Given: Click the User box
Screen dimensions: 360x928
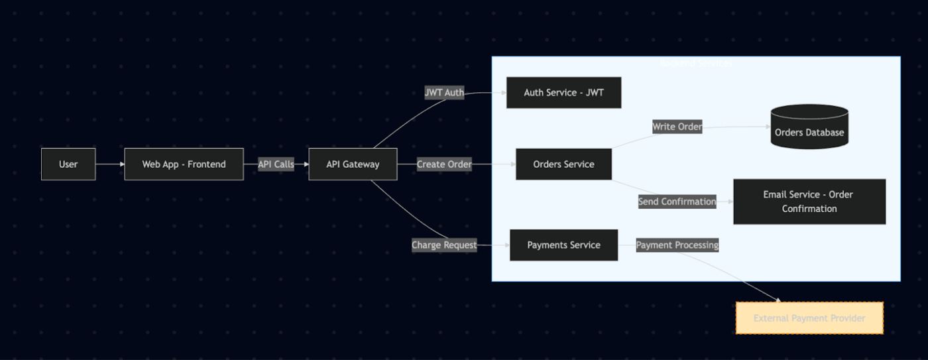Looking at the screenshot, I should (68, 164).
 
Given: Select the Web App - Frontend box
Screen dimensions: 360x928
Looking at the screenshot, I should (184, 164).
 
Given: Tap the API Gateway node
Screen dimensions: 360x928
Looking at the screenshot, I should (353, 164).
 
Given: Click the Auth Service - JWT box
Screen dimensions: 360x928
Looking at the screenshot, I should (563, 93).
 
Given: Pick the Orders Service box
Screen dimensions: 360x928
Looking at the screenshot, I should (563, 164).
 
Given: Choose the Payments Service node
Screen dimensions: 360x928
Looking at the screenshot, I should (563, 245).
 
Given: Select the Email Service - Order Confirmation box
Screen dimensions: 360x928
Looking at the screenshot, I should (809, 202).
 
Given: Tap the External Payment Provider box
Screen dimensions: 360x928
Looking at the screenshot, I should (809, 318).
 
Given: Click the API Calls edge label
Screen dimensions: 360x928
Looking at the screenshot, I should (276, 164).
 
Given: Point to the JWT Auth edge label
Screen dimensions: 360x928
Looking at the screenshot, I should (444, 93).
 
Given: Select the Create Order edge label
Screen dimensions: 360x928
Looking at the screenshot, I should (444, 164).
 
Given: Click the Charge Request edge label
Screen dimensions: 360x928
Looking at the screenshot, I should (444, 245).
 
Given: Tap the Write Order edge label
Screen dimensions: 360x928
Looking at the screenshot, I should (677, 127).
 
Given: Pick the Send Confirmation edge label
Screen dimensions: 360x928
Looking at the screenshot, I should (677, 202).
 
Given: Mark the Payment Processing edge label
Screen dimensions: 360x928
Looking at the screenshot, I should (677, 245).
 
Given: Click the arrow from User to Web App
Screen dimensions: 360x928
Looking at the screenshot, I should (110, 164).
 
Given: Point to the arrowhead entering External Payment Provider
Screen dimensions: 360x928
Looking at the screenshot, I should (778, 300).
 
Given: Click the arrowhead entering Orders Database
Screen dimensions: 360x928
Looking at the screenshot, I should (767, 126).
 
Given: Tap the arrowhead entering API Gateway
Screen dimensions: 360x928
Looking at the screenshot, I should (305, 164).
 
